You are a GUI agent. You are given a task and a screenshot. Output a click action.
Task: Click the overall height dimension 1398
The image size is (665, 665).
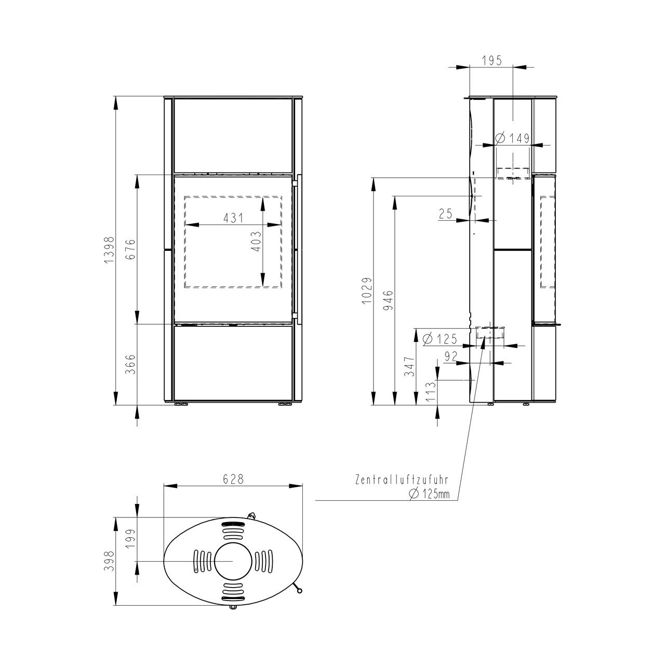[x=109, y=250]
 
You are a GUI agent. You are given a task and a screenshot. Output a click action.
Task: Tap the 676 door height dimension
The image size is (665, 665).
[x=131, y=249]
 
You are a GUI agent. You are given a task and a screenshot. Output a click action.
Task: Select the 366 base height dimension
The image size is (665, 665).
[x=131, y=364]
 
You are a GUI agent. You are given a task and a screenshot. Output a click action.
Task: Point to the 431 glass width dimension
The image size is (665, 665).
[x=233, y=218]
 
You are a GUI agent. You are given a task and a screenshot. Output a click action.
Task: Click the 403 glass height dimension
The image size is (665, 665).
[x=257, y=241]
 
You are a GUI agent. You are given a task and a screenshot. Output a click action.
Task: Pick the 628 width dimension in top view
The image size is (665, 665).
[x=233, y=480]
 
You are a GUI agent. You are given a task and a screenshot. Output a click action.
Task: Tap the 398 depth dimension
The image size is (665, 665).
[x=109, y=561]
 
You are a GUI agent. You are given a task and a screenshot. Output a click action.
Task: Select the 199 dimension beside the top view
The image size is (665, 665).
[x=131, y=539]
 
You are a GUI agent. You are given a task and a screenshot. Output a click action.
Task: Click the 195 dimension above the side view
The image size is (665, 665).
[x=492, y=60]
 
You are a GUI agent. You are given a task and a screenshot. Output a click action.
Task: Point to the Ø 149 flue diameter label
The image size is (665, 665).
[x=512, y=138]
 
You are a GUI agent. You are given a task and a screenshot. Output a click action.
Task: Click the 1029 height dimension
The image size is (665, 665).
[x=367, y=290]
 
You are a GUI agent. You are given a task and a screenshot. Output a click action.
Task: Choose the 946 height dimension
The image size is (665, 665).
[x=389, y=300]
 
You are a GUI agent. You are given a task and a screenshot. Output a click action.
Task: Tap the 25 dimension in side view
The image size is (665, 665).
[x=446, y=214]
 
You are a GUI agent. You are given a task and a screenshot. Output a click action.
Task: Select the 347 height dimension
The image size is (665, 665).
[x=409, y=366]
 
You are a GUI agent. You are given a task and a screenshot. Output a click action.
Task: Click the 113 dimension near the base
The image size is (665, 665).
[x=431, y=392]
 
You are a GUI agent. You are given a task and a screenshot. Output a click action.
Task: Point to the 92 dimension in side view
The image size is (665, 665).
[x=451, y=356]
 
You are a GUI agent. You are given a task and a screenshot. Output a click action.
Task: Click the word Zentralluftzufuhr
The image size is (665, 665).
[x=402, y=480]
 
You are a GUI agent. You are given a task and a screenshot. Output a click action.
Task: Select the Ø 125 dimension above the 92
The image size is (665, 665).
[x=440, y=339]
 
